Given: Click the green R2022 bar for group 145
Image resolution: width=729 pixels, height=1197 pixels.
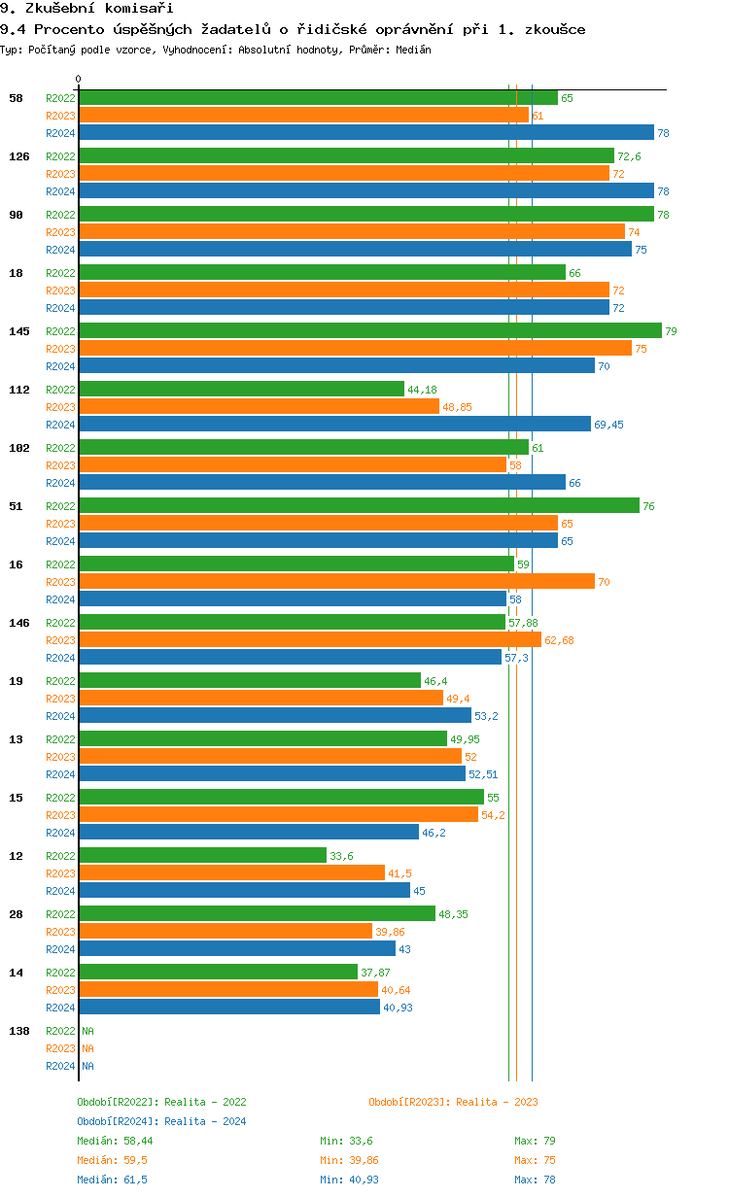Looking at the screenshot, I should pos(369,330).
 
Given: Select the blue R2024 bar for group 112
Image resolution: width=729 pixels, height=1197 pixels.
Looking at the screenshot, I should pos(334,424).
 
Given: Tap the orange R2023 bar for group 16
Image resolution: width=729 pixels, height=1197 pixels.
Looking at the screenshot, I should pos(336,581).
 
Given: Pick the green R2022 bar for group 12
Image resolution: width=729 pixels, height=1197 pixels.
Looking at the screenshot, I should pos(202,855).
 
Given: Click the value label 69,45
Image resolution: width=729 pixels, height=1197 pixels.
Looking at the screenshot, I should pos(610,425).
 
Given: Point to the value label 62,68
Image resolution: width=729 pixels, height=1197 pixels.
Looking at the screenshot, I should pos(559,640).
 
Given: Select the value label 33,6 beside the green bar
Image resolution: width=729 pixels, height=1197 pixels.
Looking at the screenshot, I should pos(341,856).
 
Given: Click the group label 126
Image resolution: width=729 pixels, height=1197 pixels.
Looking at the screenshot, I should pos(19,156).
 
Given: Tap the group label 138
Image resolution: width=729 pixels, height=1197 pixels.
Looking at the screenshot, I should pos(19,1031).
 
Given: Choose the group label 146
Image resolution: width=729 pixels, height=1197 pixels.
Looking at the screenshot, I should pos(19,623).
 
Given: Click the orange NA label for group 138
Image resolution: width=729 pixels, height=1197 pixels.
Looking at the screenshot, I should pos(87,1048).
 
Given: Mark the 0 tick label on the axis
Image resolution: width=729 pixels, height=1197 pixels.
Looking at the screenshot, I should pos(79,79).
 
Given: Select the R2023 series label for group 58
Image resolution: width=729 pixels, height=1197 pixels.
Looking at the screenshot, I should pos(60,116).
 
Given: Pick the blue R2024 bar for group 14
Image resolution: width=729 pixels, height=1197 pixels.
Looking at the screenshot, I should pos(229,1007).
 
